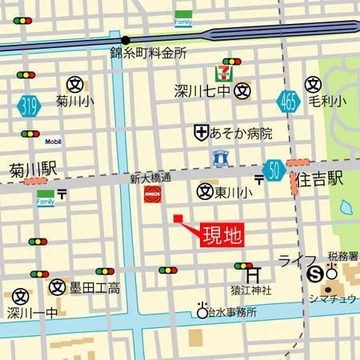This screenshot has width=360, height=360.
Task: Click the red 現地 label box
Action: pyautogui.click(x=220, y=235)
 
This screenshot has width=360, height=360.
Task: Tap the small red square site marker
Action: pyautogui.click(x=178, y=218)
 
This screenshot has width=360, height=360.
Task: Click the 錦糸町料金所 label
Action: pyautogui.click(x=148, y=54)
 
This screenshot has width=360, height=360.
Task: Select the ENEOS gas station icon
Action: pyautogui.click(x=152, y=194)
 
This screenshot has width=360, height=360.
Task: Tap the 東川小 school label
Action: pyautogui.click(x=233, y=192)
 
